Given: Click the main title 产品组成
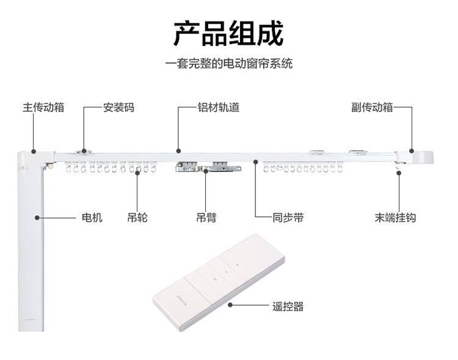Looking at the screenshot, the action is point(228,34).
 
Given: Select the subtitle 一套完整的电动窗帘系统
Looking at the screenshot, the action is point(229,64).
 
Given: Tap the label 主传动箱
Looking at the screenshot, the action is point(43,108).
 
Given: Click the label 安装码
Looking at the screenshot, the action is point(118,108).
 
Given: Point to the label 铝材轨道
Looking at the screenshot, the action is point(219,108).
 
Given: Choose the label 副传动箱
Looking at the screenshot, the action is point(372,108).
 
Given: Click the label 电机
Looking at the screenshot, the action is point(92,218).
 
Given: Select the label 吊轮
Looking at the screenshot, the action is point(137,218).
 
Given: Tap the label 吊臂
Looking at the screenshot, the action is point(206,218).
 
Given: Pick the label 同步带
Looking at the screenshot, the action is point(288,218).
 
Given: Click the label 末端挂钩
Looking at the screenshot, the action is point(395,218).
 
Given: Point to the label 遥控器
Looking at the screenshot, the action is point(288,306).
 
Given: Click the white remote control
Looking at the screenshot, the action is point(219,282).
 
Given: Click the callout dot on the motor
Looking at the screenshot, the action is point(37,218).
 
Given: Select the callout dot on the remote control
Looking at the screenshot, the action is point(230,305).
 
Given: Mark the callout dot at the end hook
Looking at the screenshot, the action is point(399,172).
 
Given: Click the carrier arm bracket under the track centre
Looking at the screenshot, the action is point(208,167).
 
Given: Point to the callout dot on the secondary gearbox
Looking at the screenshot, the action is point(412,151).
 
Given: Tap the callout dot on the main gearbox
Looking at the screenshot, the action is point(34,152).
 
